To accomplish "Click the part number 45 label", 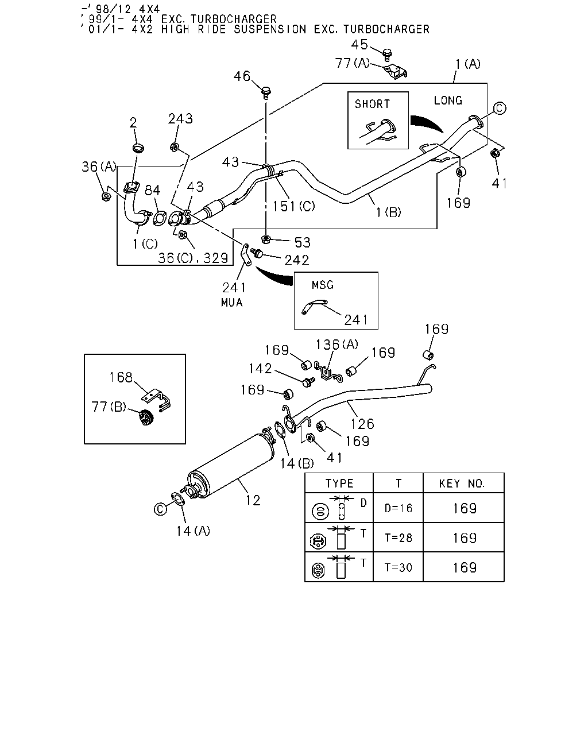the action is pyautogui.click(x=359, y=45).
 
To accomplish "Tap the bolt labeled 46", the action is pyautogui.click(x=266, y=92).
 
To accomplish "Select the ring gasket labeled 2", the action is pyautogui.click(x=138, y=148).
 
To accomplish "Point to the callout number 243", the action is pyautogui.click(x=180, y=118).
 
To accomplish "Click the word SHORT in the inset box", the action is pyautogui.click(x=372, y=104).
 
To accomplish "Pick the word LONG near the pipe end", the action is pyautogui.click(x=448, y=100).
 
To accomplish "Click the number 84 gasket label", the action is pyautogui.click(x=152, y=190).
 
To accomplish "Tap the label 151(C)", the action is pyautogui.click(x=293, y=206).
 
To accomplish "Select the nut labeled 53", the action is pyautogui.click(x=266, y=239).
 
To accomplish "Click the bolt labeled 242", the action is pyautogui.click(x=257, y=253).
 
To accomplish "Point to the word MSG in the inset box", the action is pyautogui.click(x=322, y=285).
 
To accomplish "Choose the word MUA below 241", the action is pyautogui.click(x=231, y=303).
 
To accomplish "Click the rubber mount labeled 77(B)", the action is pyautogui.click(x=146, y=417).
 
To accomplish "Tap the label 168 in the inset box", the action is pyautogui.click(x=121, y=377).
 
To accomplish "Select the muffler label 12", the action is pyautogui.click(x=253, y=500).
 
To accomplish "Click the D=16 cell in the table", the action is pyautogui.click(x=398, y=509).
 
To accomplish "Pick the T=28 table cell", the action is pyautogui.click(x=399, y=538).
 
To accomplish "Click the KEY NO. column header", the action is pyautogui.click(x=462, y=483).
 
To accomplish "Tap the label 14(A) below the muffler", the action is pyautogui.click(x=193, y=531).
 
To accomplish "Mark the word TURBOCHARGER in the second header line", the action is pyautogui.click(x=234, y=19).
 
